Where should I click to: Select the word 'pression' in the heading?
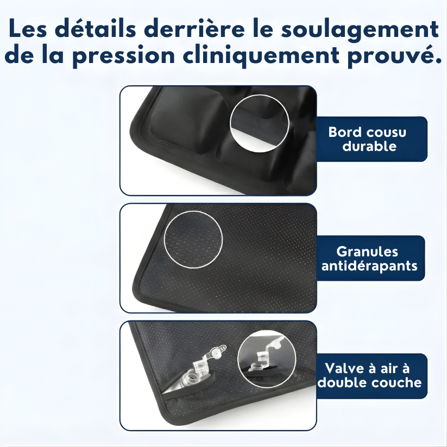[x=123, y=56]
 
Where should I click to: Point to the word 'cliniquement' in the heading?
[x=261, y=55]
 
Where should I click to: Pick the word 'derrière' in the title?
[x=194, y=28]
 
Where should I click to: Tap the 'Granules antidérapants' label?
[x=370, y=259]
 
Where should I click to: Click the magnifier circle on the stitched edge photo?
[x=230, y=123]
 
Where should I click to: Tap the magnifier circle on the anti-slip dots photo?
[x=164, y=240]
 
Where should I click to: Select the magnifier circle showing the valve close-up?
[x=237, y=358]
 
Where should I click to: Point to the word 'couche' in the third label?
[x=399, y=382]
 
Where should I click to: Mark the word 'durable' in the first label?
[x=369, y=146]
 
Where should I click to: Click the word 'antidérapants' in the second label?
[x=369, y=266]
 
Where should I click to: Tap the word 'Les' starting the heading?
[x=28, y=28]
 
